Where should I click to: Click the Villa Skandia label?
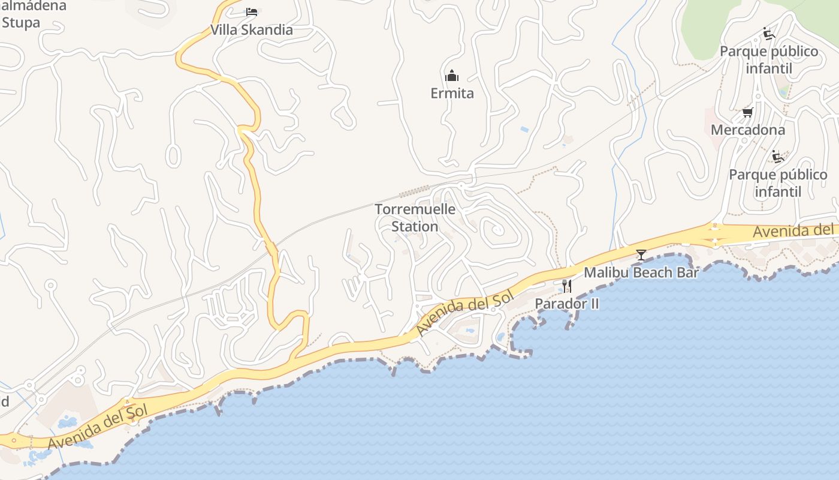click(x=252, y=30)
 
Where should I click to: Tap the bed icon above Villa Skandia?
click(x=252, y=12)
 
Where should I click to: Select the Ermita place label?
click(x=452, y=93)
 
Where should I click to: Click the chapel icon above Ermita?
click(x=452, y=76)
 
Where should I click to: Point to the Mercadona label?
click(x=747, y=130)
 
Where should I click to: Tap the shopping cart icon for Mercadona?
click(x=747, y=112)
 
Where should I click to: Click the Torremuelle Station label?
click(x=415, y=218)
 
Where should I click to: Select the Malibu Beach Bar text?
click(x=641, y=272)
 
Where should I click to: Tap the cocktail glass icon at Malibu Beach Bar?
click(x=641, y=255)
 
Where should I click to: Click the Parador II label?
click(x=566, y=304)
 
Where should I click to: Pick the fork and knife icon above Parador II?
click(x=566, y=286)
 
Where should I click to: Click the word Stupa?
click(x=20, y=23)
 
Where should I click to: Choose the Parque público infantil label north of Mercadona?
click(x=769, y=59)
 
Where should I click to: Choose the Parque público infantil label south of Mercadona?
click(x=778, y=183)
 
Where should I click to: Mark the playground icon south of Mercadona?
click(x=778, y=157)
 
